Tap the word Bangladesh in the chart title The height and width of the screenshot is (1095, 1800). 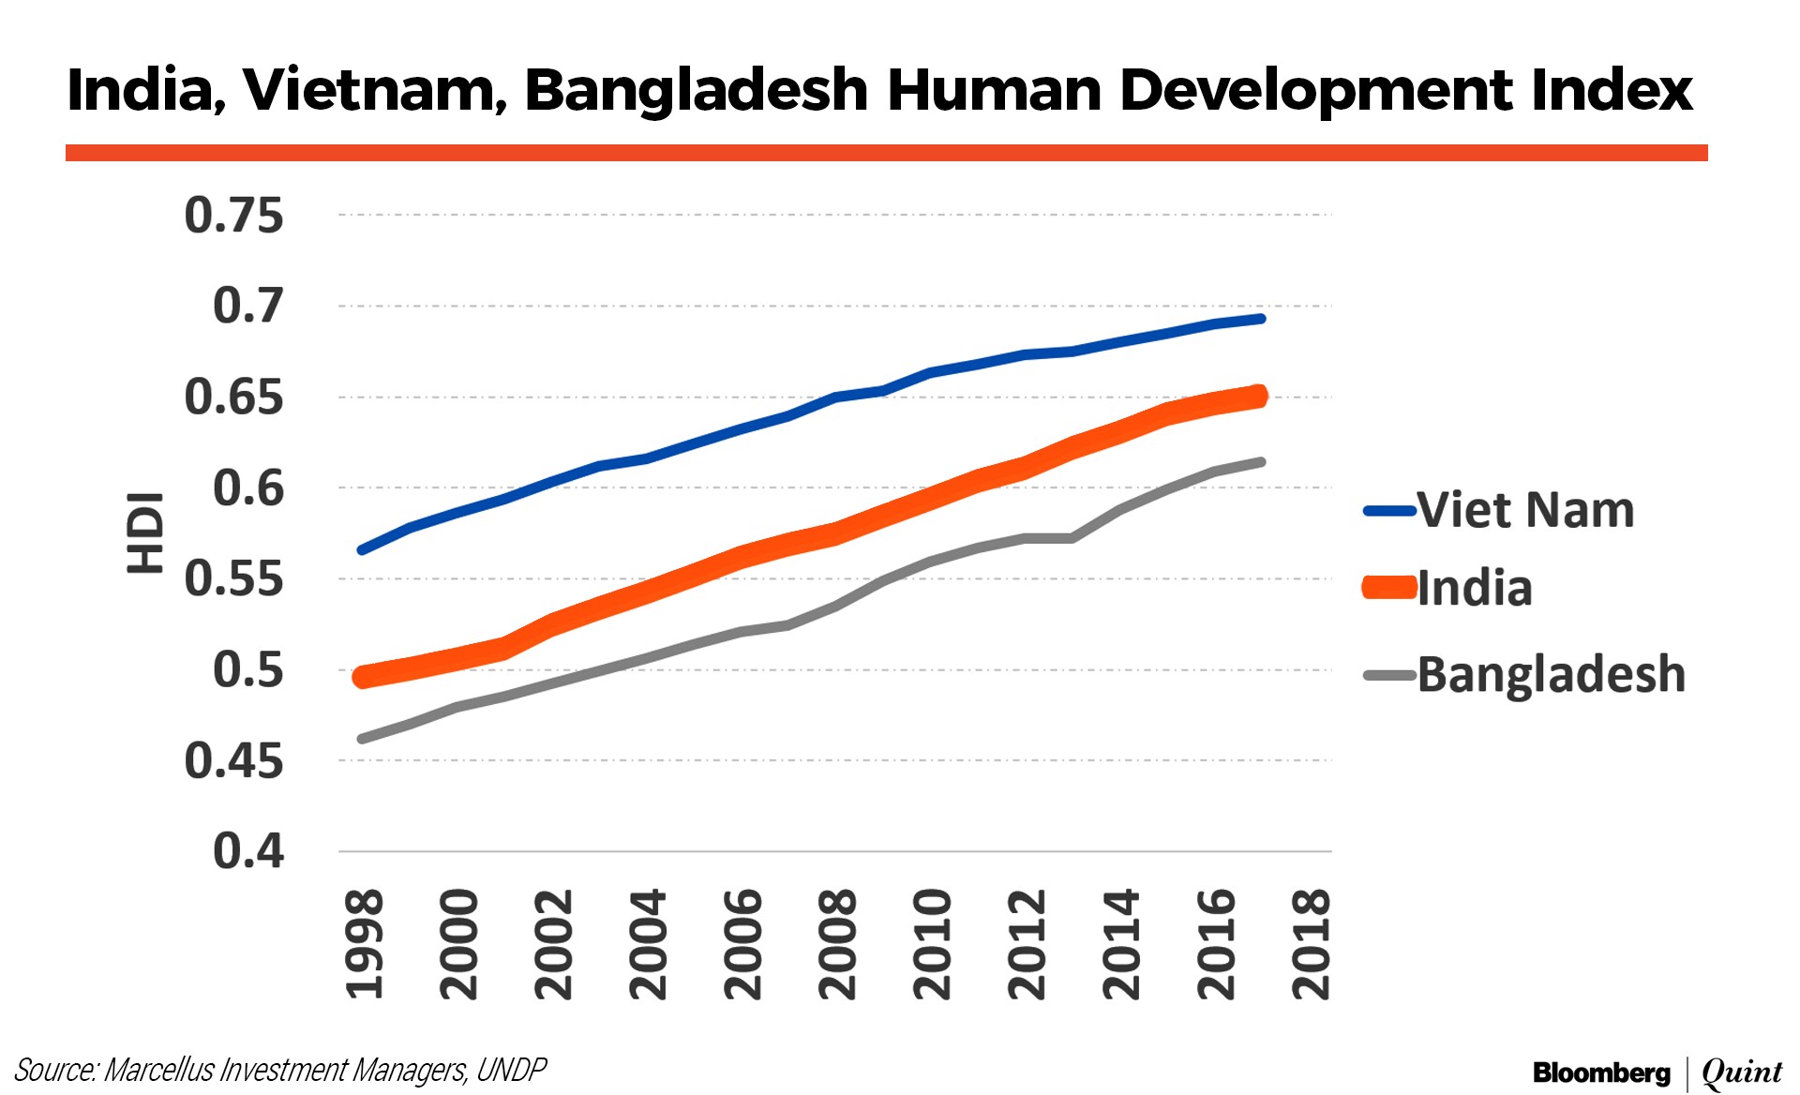pos(697,91)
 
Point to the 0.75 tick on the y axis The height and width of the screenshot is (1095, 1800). pos(233,216)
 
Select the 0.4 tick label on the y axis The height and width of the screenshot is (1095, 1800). pos(247,851)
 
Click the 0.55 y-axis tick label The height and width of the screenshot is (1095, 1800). pos(233,578)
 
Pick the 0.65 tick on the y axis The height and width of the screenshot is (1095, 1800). pos(233,397)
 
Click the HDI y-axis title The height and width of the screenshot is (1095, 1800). pos(145,532)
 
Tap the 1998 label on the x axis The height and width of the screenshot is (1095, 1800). pos(365,944)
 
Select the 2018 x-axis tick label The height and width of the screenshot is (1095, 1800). pos(1311,944)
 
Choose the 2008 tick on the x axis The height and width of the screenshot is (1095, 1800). pos(837,944)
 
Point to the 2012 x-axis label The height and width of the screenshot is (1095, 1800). pos(1027,944)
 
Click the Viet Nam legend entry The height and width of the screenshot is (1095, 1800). pos(1525,511)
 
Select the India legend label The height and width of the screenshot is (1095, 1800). pos(1475,589)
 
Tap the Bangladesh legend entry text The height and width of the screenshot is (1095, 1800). pos(1551,675)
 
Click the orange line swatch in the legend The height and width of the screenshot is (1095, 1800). pos(1389,589)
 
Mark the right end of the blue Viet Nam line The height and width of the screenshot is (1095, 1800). pos(1262,319)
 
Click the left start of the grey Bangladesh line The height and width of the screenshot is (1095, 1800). pos(362,739)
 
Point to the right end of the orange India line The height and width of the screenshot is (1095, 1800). pos(1260,396)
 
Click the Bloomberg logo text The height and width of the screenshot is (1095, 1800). pos(1601,1072)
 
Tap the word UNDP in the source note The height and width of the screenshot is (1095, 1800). pos(511,1070)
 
